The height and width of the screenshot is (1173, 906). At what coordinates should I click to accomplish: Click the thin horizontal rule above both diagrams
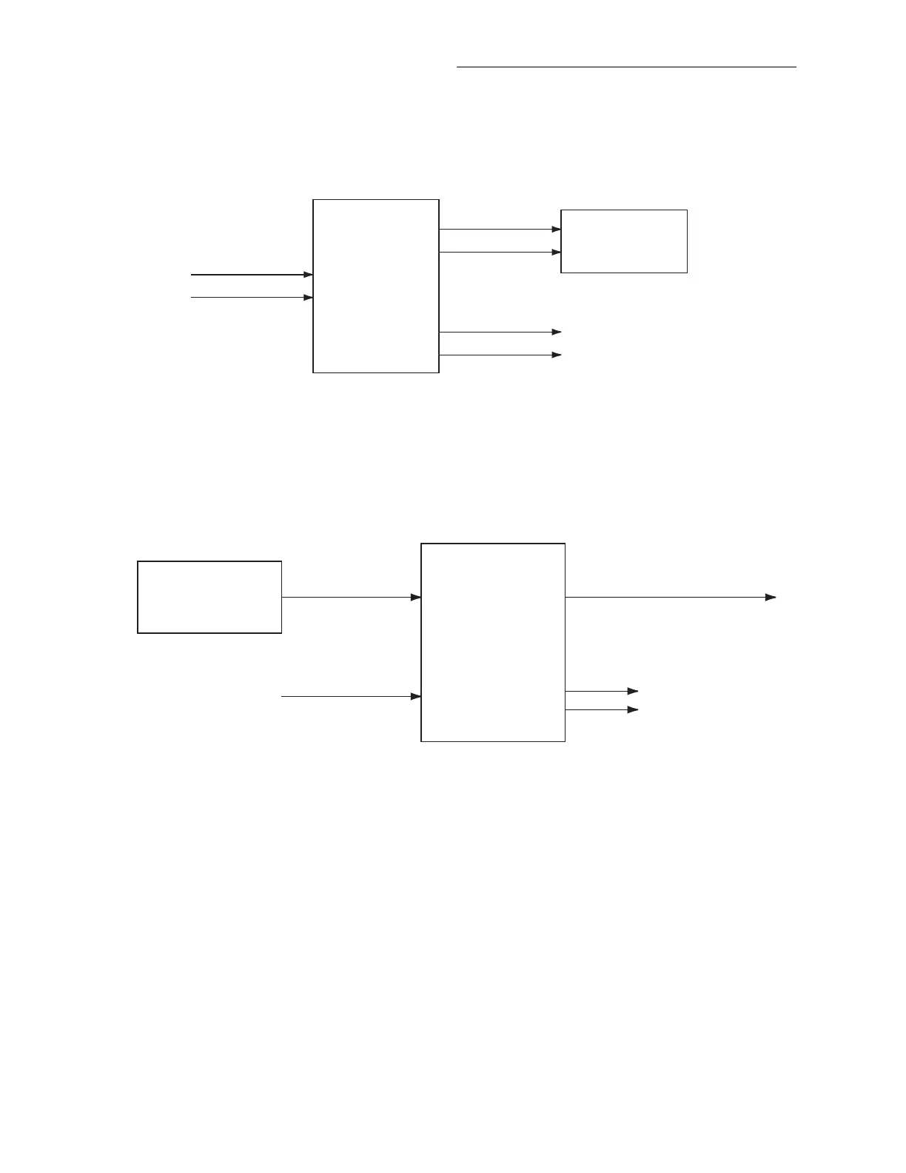[x=626, y=67]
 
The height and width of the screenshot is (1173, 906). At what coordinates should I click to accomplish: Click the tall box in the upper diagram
[x=376, y=286]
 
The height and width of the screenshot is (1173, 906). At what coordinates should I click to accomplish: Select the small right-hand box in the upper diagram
[x=624, y=241]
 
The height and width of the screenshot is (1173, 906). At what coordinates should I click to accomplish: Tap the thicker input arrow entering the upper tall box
[x=252, y=275]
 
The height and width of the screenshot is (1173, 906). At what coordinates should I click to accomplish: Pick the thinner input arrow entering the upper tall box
[x=252, y=298]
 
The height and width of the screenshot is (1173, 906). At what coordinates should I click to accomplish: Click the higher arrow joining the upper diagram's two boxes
[x=500, y=230]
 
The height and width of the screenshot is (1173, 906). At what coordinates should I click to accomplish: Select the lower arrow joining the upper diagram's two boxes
[x=500, y=253]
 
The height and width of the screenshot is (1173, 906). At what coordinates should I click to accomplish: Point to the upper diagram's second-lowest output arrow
[x=500, y=332]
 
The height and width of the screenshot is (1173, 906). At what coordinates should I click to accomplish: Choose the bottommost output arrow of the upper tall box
[x=500, y=355]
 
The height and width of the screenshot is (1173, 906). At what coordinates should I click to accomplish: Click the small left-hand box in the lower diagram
[x=209, y=597]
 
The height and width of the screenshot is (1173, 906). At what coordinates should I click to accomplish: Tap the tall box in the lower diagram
[x=493, y=642]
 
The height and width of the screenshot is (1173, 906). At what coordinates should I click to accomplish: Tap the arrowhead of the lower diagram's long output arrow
[x=771, y=597]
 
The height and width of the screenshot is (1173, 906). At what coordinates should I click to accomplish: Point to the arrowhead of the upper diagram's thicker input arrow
[x=308, y=275]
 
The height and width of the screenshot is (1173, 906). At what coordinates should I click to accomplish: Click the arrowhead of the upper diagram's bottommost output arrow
[x=557, y=355]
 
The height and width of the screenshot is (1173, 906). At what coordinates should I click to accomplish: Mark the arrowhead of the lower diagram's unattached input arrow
[x=416, y=697]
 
